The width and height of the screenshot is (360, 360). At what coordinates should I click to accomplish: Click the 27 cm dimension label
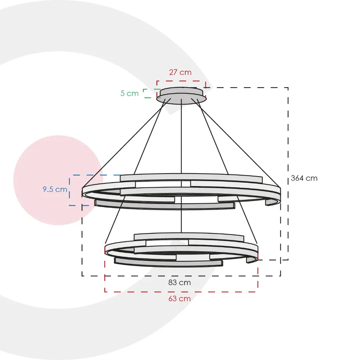click(180, 72)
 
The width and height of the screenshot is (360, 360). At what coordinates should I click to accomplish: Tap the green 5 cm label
click(129, 93)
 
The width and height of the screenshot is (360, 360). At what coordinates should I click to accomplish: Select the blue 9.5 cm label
click(55, 189)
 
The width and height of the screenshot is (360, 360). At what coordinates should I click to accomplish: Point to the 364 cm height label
click(304, 178)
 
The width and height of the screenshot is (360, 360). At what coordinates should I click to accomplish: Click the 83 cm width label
click(180, 282)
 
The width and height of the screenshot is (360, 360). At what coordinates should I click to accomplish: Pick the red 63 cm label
click(180, 298)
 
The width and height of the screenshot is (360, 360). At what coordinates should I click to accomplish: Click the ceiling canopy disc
click(181, 96)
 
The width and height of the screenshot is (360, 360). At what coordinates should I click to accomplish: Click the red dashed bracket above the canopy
click(181, 81)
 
